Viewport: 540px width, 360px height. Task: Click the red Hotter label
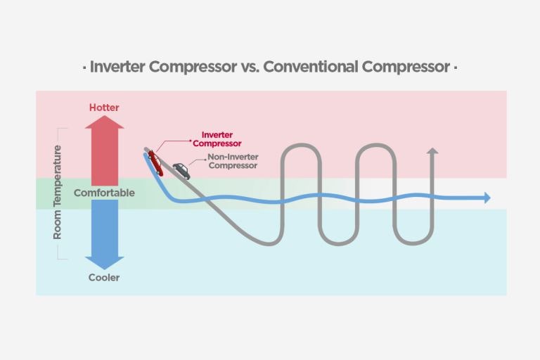click(x=104, y=108)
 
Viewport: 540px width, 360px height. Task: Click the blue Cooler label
click(x=104, y=277)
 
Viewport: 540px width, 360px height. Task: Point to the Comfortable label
click(x=104, y=193)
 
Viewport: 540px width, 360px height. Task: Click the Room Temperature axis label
click(x=58, y=193)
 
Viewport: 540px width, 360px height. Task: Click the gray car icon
click(x=181, y=171)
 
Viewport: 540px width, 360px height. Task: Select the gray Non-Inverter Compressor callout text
click(x=232, y=162)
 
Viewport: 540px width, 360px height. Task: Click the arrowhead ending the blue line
click(x=486, y=198)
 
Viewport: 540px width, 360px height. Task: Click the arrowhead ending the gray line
click(x=432, y=151)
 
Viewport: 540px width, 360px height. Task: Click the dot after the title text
click(x=456, y=68)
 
